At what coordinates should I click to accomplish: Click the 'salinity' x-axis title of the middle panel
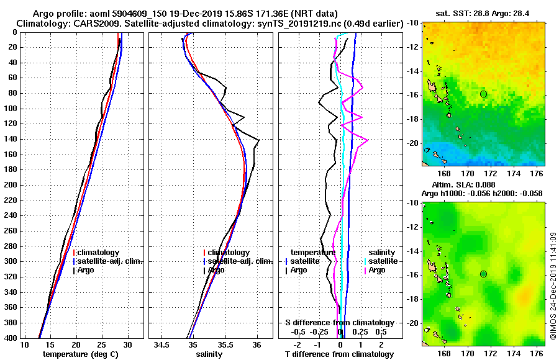tap(209, 354)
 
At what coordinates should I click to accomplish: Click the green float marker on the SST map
tap(483, 94)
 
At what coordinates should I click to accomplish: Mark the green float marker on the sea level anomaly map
tap(483, 274)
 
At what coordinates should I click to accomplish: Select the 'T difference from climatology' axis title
tap(340, 354)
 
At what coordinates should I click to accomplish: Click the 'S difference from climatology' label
tap(340, 323)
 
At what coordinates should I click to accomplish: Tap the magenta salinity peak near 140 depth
tap(368, 140)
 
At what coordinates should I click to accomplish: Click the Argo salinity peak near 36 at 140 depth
tap(258, 141)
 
